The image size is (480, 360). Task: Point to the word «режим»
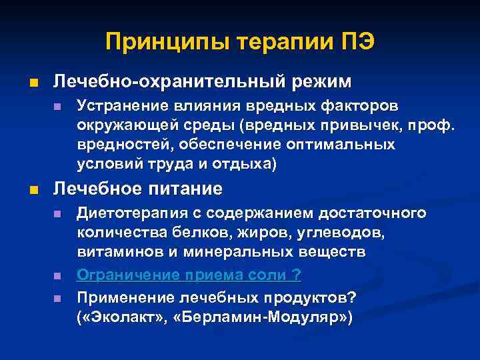coord(323,81)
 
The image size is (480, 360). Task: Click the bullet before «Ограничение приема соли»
coord(57,275)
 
